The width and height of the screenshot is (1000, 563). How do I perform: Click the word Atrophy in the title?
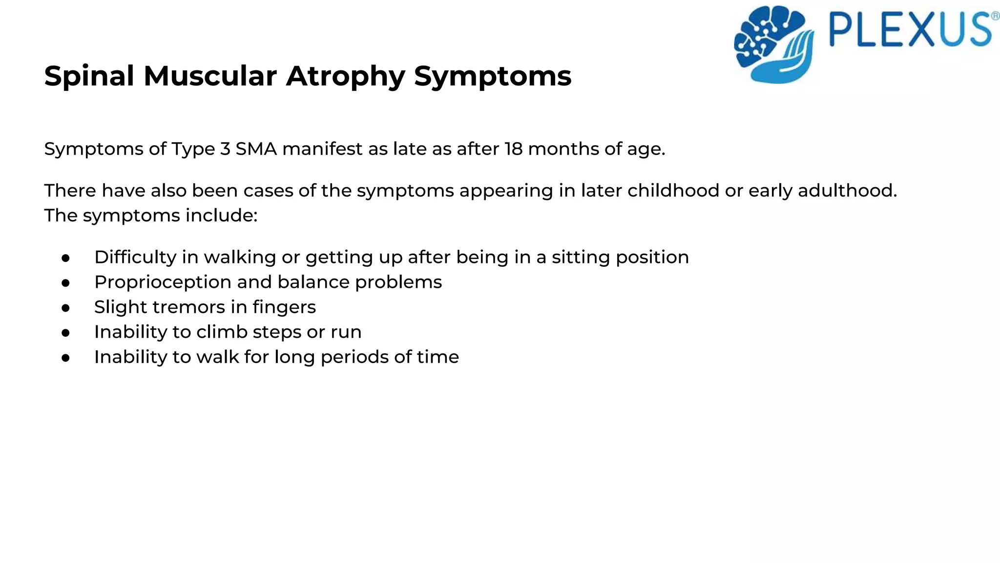[x=345, y=77]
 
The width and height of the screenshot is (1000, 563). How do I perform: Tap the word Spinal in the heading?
[x=89, y=77]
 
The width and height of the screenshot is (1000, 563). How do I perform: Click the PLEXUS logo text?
[x=910, y=30]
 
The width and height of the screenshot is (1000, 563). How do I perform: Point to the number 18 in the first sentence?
[x=514, y=149]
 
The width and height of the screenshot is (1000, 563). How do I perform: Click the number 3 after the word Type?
[x=225, y=149]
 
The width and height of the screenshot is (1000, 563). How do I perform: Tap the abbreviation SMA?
[x=256, y=149]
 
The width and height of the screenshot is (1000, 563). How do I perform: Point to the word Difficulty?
[x=135, y=258]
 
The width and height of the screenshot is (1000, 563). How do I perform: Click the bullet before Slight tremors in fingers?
[x=66, y=308]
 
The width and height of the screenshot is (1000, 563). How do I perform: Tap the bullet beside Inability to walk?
[x=66, y=358]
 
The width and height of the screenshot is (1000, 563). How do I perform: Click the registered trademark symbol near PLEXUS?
[x=995, y=16]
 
